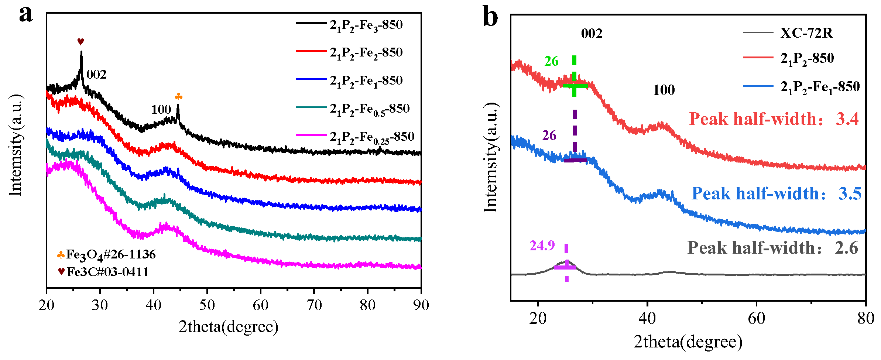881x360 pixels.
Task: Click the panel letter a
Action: point(26,15)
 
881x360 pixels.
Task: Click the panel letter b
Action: point(490,17)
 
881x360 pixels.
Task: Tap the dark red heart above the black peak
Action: point(80,41)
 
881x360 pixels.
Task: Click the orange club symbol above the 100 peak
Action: point(178,97)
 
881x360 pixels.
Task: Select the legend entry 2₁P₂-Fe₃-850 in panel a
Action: point(366,25)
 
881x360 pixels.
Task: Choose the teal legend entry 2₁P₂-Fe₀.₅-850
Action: point(369,109)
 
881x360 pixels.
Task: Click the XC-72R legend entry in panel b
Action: point(806,33)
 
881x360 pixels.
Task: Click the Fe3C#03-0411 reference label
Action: point(107,272)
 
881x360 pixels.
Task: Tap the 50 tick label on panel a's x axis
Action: point(207,305)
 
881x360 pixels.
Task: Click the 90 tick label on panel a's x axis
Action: point(421,305)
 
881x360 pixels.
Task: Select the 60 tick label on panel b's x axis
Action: point(756,318)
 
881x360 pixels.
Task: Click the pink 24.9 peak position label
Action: point(542,246)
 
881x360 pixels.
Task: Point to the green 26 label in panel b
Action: point(551,61)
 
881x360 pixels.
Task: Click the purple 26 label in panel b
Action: point(549,136)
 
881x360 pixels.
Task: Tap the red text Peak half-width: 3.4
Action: point(774,119)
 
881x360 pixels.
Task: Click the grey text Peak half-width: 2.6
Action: point(772,248)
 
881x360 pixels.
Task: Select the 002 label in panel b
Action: point(592,34)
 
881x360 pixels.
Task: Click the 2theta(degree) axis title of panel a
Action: point(229,327)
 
